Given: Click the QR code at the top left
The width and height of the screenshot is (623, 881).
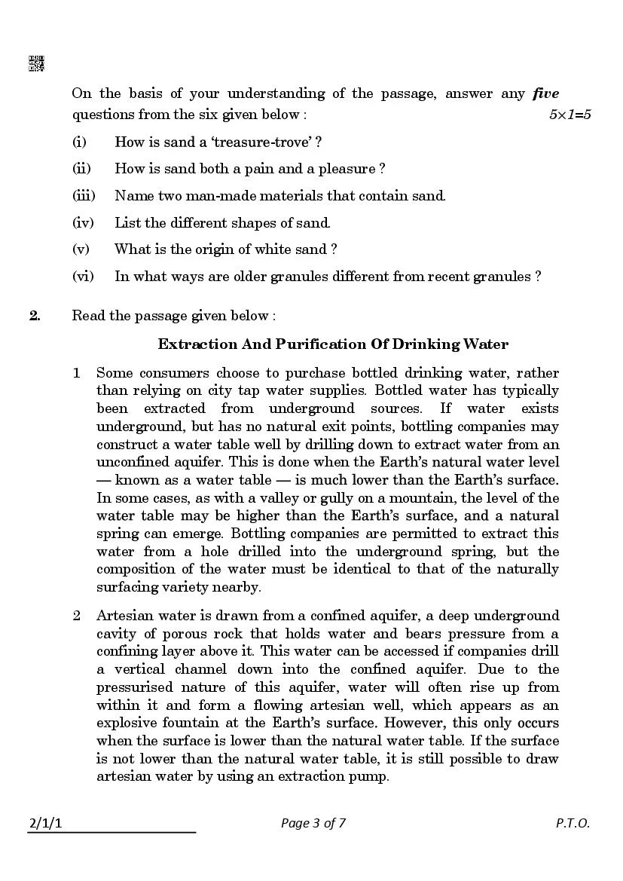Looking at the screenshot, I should coord(36,64).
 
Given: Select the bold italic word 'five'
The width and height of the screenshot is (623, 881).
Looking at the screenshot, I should coord(545,94).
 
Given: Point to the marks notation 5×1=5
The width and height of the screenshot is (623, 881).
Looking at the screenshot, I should coord(570,115).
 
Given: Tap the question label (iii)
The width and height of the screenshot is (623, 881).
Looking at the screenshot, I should coord(83,196).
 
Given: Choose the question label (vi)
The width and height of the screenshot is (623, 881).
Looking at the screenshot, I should coord(83,277).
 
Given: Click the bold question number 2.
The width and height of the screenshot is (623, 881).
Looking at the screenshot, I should coord(35,316).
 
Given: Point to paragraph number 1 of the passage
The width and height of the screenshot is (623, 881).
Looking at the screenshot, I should coord(76,373).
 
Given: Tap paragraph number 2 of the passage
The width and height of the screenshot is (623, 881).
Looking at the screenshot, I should coord(76,616).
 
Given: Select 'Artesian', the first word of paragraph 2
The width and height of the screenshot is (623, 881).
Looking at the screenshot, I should coord(124,616).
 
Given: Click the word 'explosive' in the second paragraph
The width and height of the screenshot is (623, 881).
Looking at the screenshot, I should coord(125,723).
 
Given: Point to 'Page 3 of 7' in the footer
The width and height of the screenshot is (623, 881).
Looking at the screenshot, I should coord(313,823).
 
